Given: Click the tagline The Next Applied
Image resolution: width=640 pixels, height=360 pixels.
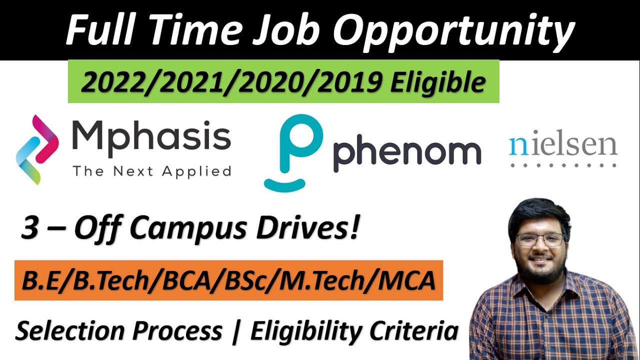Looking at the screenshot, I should [151, 171].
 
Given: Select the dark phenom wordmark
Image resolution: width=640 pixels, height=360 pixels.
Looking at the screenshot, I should [406, 153].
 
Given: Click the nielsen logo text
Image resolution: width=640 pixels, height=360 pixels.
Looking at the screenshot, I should [563, 144].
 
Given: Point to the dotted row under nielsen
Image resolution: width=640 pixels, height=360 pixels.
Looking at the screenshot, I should [563, 164].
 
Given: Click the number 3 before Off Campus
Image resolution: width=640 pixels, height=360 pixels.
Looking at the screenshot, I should [30, 228].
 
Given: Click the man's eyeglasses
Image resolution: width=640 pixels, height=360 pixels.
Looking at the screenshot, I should [540, 239].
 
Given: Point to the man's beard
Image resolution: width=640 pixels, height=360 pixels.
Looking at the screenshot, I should [540, 270].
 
